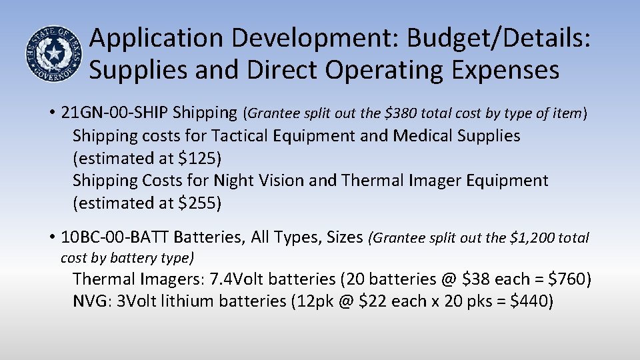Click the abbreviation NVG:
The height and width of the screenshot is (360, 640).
point(93,301)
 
